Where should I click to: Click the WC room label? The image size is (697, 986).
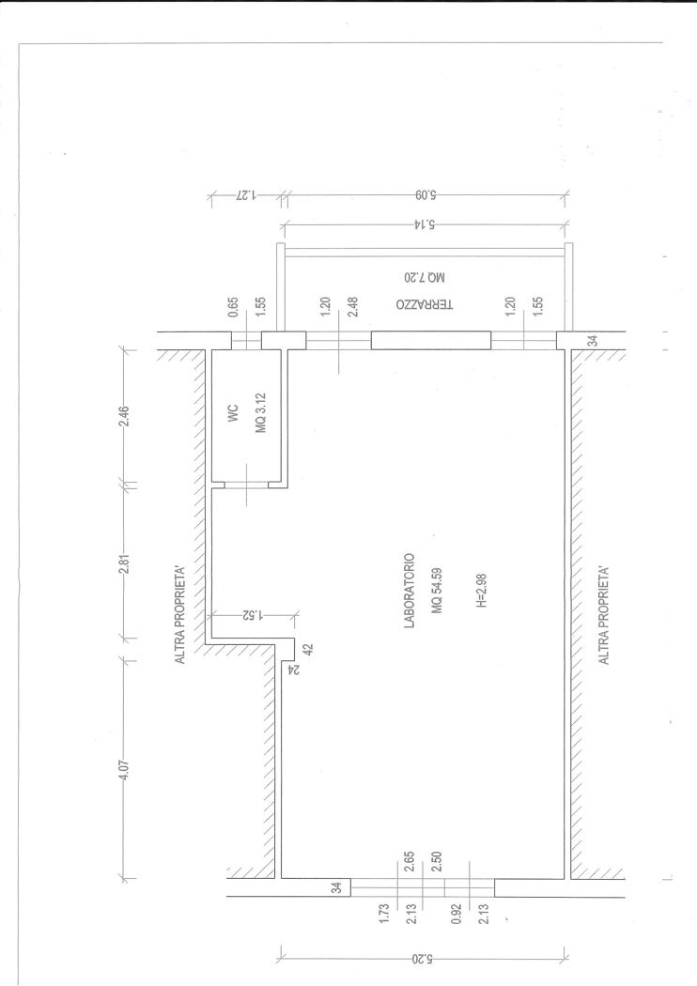click(234, 412)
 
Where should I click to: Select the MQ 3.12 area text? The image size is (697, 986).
click(261, 413)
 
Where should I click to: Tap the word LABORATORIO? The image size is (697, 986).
click(410, 591)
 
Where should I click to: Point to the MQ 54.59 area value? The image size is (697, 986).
click(437, 591)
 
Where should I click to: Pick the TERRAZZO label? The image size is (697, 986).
click(425, 304)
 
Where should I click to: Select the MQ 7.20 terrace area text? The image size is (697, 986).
click(425, 277)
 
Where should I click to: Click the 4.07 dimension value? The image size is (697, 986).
click(124, 770)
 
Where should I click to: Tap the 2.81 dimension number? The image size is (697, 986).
click(124, 562)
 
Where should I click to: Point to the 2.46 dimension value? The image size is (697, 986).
click(124, 416)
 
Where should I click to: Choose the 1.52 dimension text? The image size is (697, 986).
click(251, 616)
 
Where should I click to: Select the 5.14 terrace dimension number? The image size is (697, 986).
click(425, 223)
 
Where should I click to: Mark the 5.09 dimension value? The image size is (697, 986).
click(425, 195)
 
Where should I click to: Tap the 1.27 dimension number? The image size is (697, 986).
click(246, 195)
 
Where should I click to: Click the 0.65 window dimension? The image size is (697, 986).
click(233, 306)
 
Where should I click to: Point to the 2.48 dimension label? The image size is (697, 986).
click(353, 306)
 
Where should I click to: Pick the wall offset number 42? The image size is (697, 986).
click(308, 650)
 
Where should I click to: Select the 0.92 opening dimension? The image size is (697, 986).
click(457, 914)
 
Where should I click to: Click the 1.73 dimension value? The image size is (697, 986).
click(385, 914)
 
